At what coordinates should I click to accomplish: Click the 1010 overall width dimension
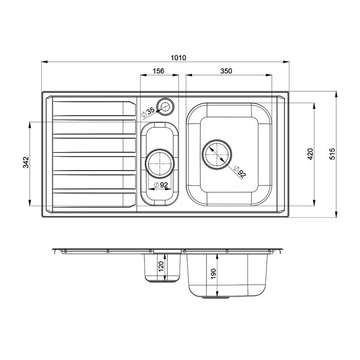179,58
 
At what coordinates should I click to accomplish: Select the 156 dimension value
158,71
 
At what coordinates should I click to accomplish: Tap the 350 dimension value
226,71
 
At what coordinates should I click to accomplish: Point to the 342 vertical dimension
26,162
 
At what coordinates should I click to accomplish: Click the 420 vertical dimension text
310,154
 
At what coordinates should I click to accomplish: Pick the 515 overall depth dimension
332,154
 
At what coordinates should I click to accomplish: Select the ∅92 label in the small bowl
161,184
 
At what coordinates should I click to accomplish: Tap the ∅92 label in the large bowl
240,173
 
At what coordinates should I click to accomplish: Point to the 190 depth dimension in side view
213,274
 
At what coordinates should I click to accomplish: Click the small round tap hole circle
166,107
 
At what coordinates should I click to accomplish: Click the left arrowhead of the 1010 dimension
44,62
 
